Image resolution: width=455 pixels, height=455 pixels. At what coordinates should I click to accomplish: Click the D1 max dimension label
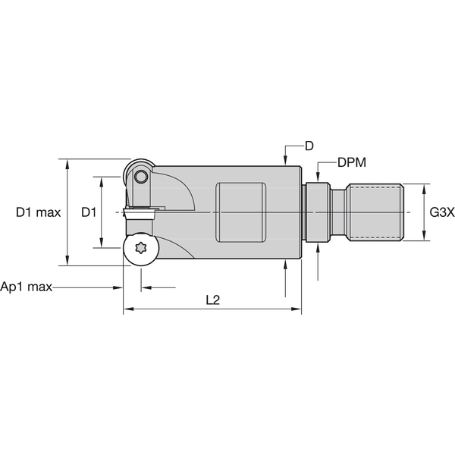pyautogui.click(x=38, y=213)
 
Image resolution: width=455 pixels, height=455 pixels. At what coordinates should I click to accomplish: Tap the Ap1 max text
pyautogui.click(x=27, y=287)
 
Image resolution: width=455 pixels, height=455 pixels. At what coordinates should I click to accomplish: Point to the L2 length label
pyautogui.click(x=212, y=300)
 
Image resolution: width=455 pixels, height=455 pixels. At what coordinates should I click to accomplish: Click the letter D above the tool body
pyautogui.click(x=309, y=146)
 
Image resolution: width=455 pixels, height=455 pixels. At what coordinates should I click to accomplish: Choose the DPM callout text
pyautogui.click(x=352, y=162)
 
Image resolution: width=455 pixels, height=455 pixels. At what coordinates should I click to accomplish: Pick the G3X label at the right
pyautogui.click(x=441, y=213)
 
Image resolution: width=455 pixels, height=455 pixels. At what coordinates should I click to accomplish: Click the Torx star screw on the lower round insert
pyautogui.click(x=140, y=249)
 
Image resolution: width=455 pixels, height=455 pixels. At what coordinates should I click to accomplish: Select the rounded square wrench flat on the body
pyautogui.click(x=241, y=212)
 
